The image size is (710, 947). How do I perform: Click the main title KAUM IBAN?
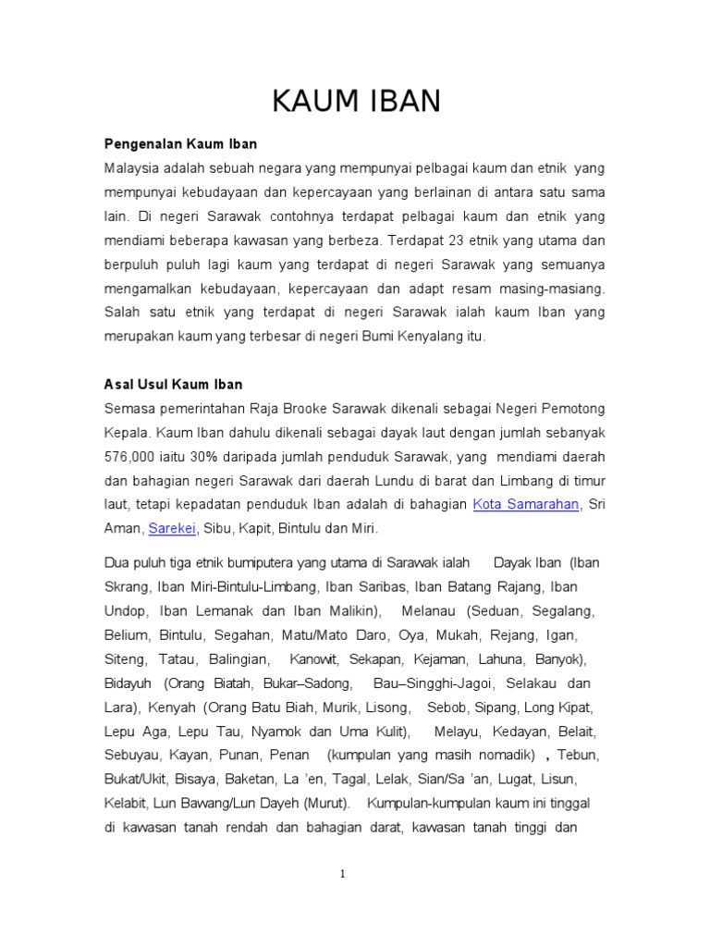pos(356,102)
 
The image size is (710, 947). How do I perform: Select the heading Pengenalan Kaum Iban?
pos(180,144)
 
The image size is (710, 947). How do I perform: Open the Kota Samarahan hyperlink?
pos(526,504)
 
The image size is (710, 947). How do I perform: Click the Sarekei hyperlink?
pos(172,528)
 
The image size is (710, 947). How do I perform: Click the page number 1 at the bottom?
pos(341,874)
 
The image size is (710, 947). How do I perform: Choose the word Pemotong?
pos(570,408)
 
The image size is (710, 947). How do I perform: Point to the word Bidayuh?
pos(130,683)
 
